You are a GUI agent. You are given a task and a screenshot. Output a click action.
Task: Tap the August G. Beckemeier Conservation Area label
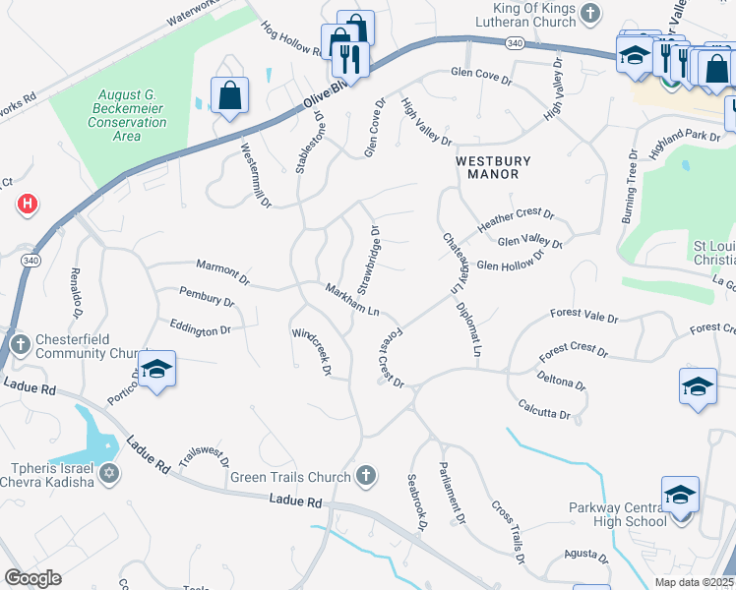click(128, 115)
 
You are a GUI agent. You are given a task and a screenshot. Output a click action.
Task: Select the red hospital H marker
click(29, 205)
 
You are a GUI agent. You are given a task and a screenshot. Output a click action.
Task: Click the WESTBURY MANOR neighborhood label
click(493, 168)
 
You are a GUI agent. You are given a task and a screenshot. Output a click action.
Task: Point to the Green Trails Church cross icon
click(366, 477)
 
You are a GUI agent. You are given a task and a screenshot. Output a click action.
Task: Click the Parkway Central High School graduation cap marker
click(680, 496)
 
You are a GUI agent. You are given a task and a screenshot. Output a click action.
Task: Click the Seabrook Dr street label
click(417, 503)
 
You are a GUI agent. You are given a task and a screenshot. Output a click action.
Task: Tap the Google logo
click(32, 578)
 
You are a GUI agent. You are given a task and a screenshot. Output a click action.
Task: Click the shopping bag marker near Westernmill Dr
click(229, 96)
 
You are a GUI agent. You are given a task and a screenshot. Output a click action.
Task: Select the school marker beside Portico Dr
click(155, 371)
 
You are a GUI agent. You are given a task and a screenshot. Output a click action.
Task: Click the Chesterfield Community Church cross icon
click(21, 345)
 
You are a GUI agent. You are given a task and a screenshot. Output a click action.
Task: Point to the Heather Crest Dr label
click(517, 219)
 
